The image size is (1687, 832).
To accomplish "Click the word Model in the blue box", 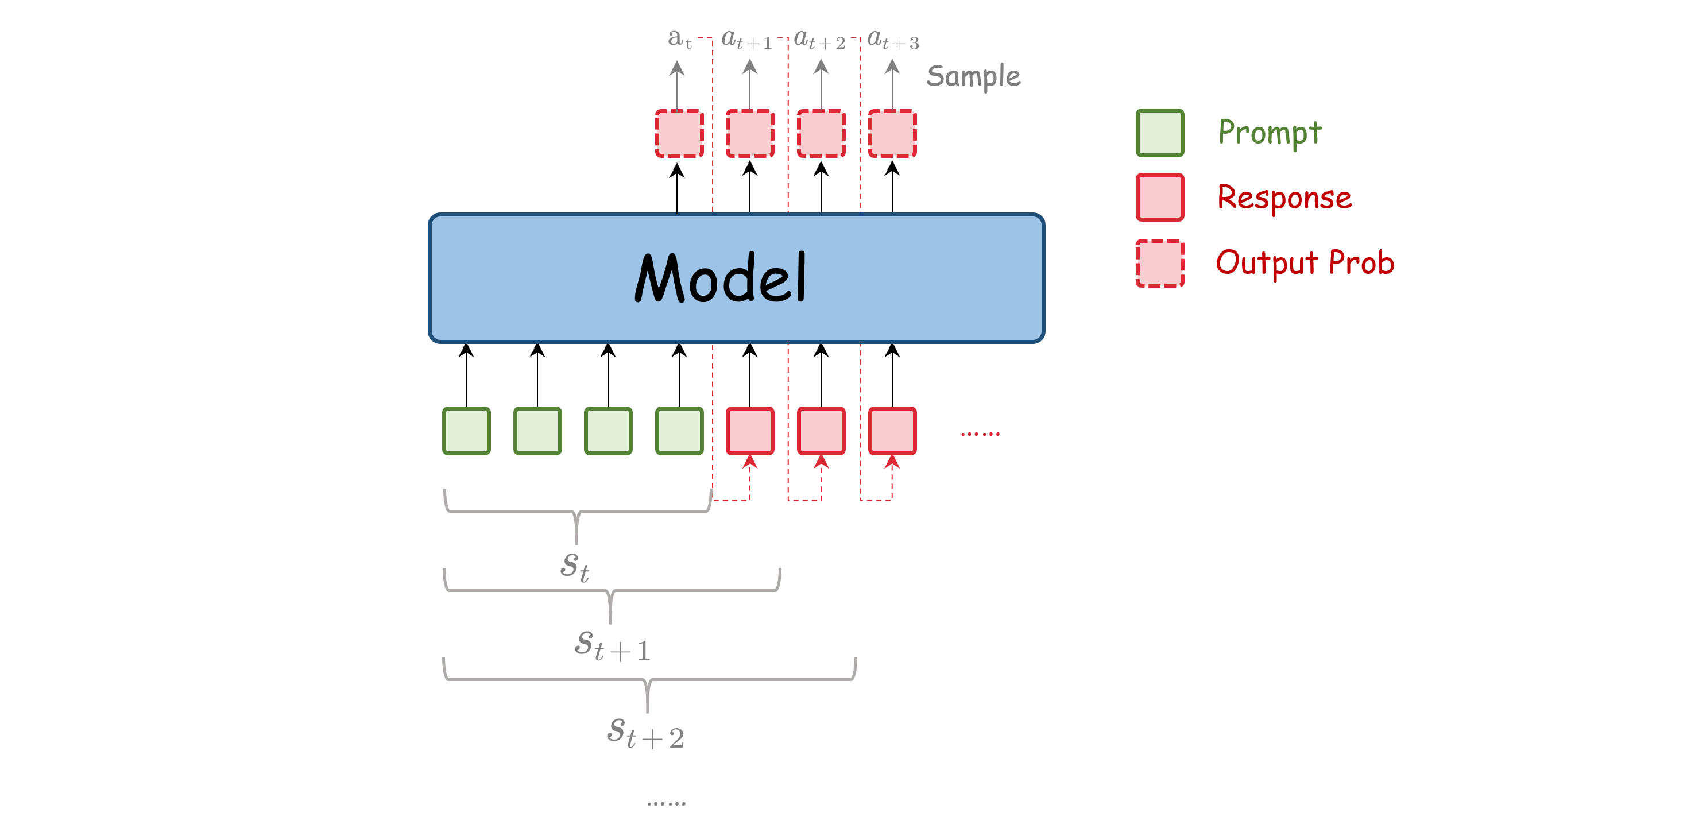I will (x=721, y=278).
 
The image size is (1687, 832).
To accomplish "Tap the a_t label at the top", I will (x=679, y=39).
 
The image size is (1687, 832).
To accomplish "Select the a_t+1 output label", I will (x=746, y=39).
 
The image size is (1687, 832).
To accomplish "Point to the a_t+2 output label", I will (x=819, y=39).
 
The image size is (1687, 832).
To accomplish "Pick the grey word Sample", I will (x=973, y=76).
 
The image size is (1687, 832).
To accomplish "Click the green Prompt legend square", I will (x=1160, y=133).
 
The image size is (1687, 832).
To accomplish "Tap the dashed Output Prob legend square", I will (x=1160, y=263).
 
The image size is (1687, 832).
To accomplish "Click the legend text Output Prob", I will (x=1305, y=263).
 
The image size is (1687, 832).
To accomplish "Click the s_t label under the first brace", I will (x=575, y=566).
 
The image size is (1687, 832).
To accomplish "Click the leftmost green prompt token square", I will (x=466, y=431).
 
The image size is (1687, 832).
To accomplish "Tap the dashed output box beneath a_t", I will (x=679, y=134).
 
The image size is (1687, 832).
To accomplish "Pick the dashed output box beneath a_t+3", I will (x=892, y=134).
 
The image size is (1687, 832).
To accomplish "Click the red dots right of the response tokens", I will (x=980, y=433).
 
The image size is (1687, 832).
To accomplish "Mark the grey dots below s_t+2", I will (x=666, y=803).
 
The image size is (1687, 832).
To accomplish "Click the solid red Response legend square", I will (x=1160, y=197).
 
